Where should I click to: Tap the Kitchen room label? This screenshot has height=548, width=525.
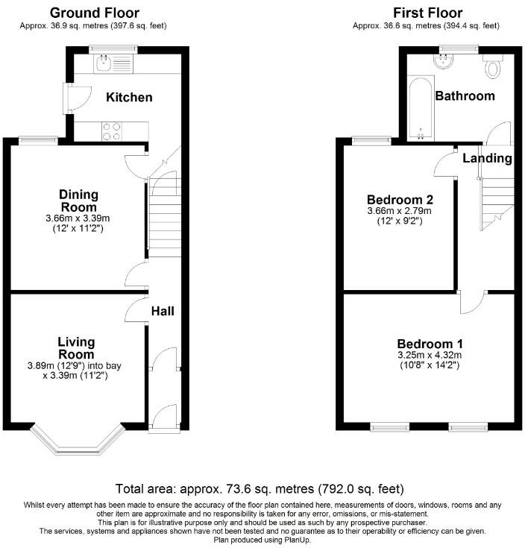[128, 98]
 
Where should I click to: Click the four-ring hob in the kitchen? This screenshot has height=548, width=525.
[110, 131]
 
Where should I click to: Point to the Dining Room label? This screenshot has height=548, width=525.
[79, 200]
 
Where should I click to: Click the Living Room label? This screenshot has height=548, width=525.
[77, 347]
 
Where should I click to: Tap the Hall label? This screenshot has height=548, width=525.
[163, 310]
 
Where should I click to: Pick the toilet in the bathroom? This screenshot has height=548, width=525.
[492, 68]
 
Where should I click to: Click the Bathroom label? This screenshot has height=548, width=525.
[465, 96]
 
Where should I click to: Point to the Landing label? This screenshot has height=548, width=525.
[487, 158]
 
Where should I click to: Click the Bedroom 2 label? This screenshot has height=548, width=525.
[400, 200]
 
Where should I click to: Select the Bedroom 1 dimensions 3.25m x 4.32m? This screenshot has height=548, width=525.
[430, 355]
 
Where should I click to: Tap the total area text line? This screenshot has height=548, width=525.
[260, 489]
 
